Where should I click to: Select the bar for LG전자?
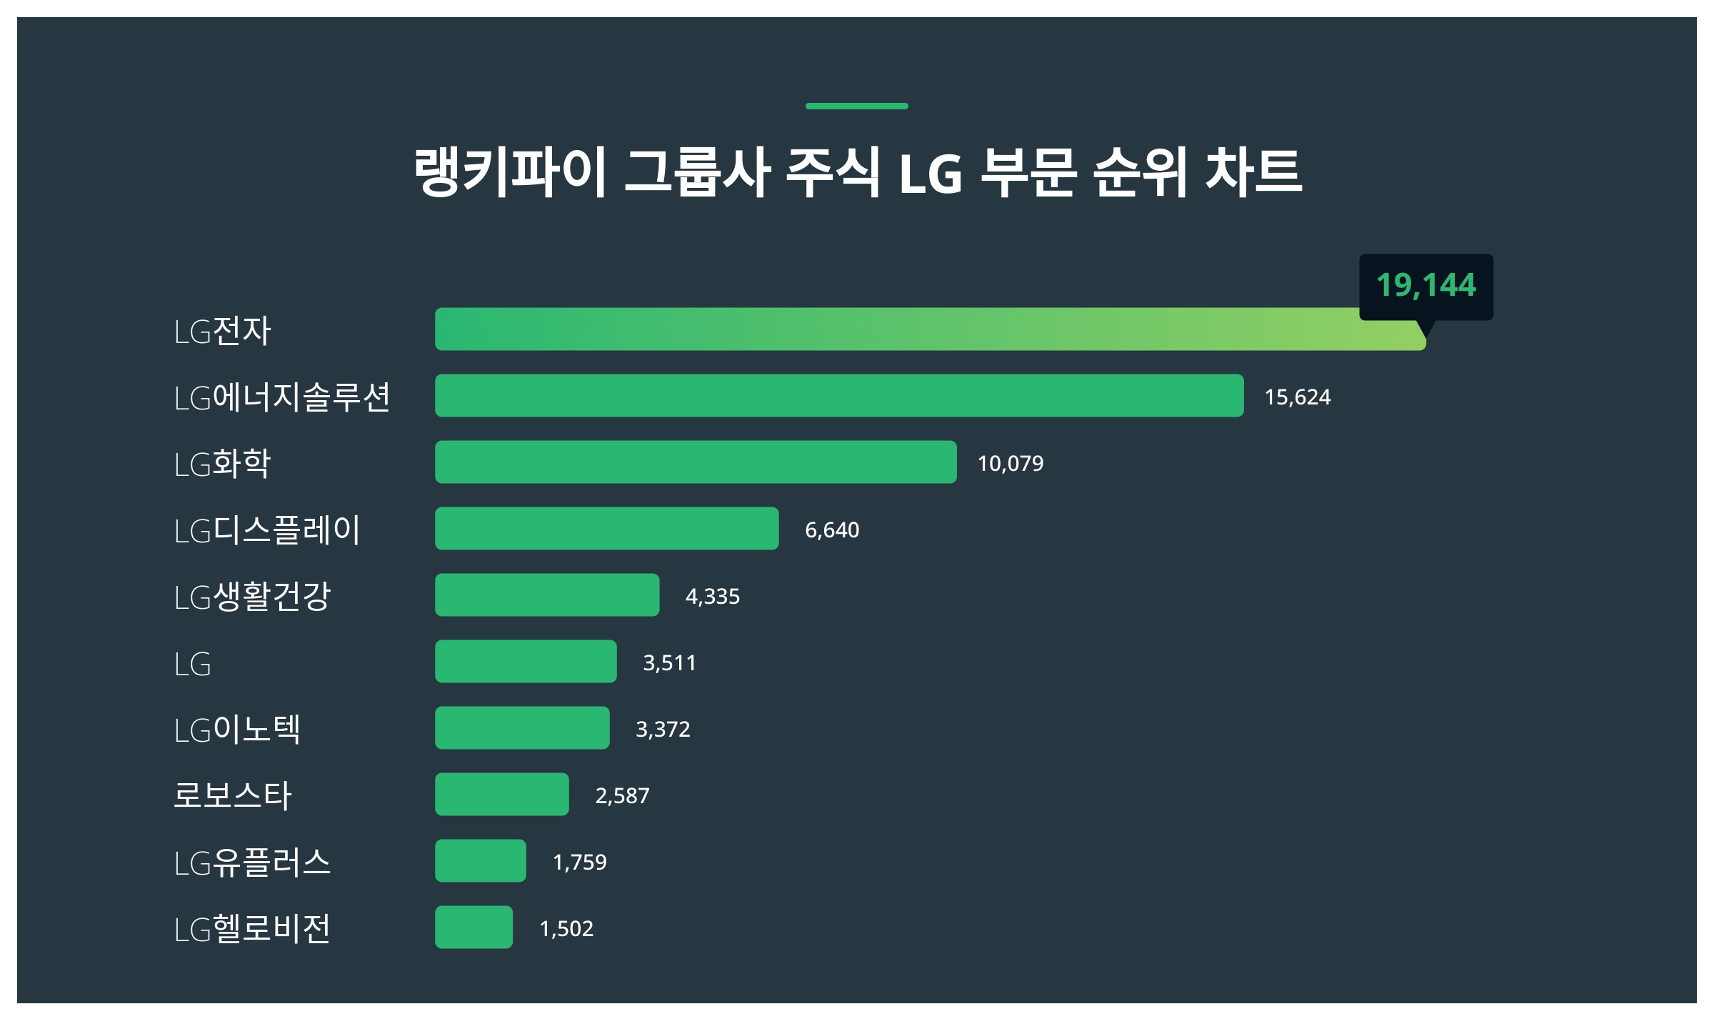(928, 329)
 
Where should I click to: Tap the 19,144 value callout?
(1425, 285)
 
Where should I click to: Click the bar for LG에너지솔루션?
(839, 396)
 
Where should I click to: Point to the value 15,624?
(1297, 397)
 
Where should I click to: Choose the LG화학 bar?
(696, 462)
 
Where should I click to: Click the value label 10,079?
(1010, 464)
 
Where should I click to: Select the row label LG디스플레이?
(267, 530)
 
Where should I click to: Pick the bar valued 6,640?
(606, 529)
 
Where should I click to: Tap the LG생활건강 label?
(252, 597)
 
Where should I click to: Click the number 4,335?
(712, 597)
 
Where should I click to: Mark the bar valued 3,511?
(526, 662)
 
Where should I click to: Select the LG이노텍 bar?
(522, 728)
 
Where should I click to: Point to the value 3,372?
(663, 730)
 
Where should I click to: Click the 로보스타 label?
(233, 795)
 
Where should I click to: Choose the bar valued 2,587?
(502, 795)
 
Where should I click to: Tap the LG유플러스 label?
(252, 863)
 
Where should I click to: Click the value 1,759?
(579, 863)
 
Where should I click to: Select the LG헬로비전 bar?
(473, 928)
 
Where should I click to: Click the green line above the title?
(857, 106)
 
